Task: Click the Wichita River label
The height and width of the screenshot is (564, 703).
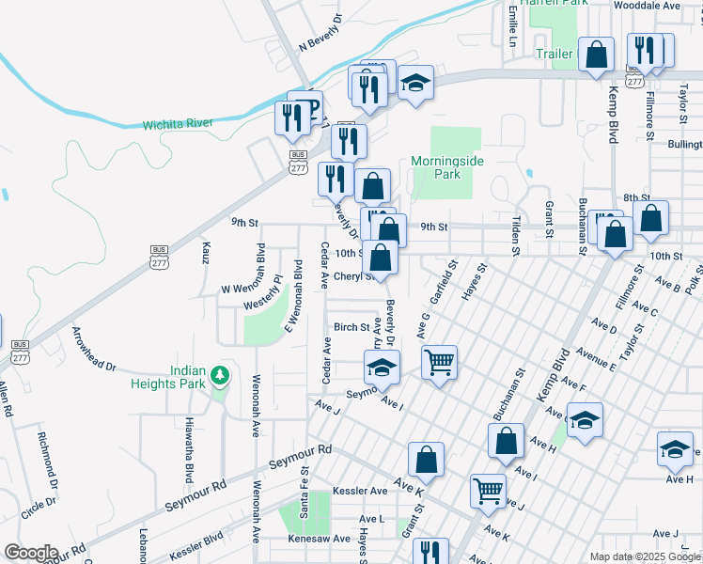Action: [x=178, y=123]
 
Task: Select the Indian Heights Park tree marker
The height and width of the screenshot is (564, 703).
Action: [x=220, y=376]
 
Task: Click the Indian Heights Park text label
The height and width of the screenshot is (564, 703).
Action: [x=176, y=376]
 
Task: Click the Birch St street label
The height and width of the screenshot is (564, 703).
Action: [x=351, y=327]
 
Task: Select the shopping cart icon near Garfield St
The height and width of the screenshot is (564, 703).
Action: [x=439, y=361]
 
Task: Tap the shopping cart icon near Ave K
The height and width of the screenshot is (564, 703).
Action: [x=488, y=489]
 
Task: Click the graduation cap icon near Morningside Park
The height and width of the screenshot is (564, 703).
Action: [x=414, y=84]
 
